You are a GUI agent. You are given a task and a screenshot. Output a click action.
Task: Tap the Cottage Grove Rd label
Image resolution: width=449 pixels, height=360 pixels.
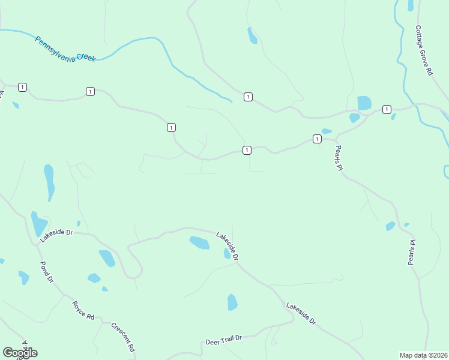(x=424, y=50)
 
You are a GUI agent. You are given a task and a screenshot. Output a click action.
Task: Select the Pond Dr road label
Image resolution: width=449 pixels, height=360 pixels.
(x=47, y=272)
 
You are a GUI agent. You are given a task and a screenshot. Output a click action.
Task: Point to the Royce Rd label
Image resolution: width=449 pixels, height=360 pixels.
(x=83, y=310)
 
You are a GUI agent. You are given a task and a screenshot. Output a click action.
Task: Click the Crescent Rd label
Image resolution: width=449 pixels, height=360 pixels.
(x=123, y=337)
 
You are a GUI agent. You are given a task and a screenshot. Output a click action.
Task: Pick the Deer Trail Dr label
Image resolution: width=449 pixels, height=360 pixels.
(x=223, y=340)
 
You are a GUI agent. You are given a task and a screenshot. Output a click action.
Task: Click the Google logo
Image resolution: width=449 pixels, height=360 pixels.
(x=20, y=353)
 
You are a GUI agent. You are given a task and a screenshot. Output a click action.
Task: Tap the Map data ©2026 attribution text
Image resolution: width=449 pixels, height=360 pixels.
(x=423, y=355)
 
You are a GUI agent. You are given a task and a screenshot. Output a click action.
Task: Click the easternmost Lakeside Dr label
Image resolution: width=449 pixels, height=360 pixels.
(x=301, y=314)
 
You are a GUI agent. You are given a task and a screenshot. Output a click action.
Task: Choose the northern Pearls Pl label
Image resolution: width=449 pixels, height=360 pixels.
(x=339, y=158)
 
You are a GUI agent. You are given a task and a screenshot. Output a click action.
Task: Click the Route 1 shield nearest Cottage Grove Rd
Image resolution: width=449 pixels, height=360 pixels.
(x=387, y=109)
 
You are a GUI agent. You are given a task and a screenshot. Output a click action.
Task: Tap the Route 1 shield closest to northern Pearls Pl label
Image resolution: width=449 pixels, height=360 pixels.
(x=316, y=139)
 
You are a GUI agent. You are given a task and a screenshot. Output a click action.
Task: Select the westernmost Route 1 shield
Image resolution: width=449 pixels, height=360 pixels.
(x=22, y=87)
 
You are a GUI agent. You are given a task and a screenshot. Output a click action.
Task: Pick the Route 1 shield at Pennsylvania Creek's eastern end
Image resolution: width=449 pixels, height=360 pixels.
(x=248, y=97)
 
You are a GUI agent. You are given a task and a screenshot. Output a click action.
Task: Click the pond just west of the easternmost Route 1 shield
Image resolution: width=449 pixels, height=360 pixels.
(x=364, y=103)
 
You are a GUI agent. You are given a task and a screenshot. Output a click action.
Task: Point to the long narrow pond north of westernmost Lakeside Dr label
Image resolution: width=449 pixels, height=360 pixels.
(x=49, y=182)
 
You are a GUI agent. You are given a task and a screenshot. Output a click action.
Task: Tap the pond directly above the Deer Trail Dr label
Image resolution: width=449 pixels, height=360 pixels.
(x=232, y=302)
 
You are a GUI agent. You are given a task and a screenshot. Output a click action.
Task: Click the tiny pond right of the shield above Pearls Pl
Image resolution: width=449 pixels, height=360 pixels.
(x=327, y=131)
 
